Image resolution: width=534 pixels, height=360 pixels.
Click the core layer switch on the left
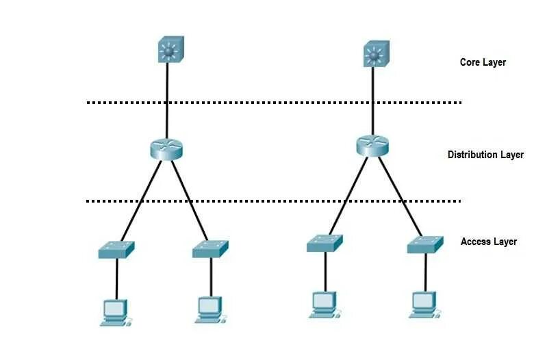click(167, 52)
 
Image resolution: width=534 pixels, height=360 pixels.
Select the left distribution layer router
click(167, 149)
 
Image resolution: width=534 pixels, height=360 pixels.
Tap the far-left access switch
click(116, 250)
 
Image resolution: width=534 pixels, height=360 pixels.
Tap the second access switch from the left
click(210, 249)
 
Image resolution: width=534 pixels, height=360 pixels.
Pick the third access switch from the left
click(325, 243)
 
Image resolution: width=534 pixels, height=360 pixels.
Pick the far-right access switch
click(425, 244)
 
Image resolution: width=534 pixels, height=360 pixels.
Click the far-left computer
click(114, 311)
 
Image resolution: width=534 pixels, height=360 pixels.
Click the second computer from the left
click(209, 309)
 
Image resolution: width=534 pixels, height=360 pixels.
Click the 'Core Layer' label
click(483, 62)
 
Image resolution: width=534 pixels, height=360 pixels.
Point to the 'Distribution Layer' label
click(485, 155)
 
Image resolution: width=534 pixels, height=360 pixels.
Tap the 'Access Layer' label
click(488, 242)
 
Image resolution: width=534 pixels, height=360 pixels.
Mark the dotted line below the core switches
click(274, 103)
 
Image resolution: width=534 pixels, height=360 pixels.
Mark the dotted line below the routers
click(274, 201)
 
